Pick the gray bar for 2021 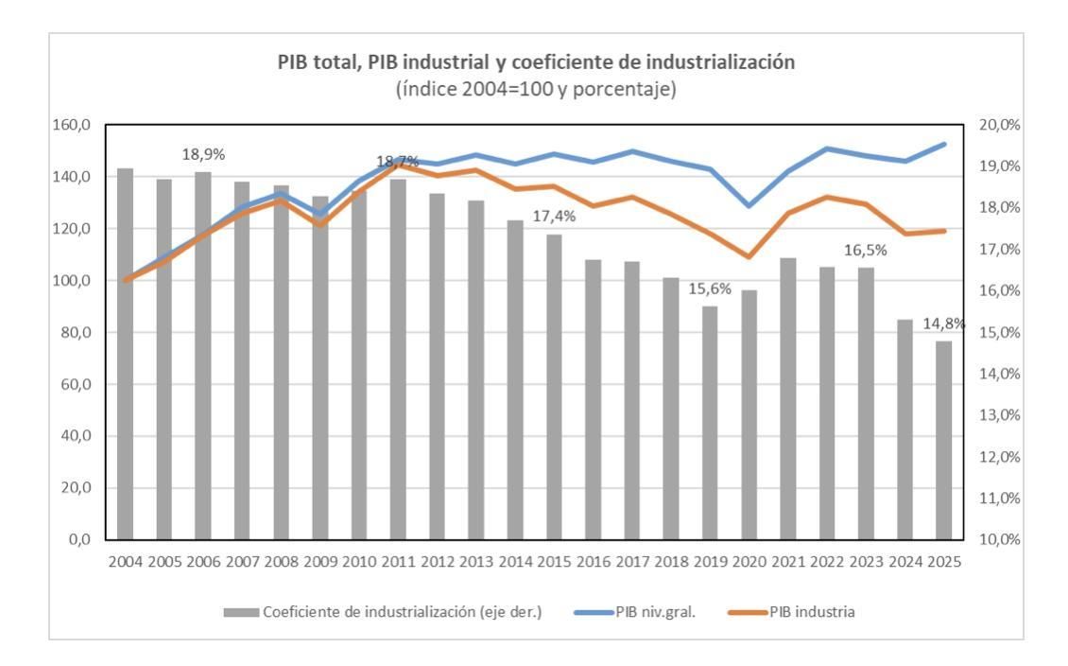[787, 398]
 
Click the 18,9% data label [203, 154]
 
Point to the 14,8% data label [943, 324]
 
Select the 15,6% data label [709, 289]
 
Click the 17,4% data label [554, 217]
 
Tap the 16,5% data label [865, 250]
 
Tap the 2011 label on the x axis [398, 561]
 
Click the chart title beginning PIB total [535, 62]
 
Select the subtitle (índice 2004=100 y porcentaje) [535, 90]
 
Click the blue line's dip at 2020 [749, 205]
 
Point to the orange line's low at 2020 [749, 256]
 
